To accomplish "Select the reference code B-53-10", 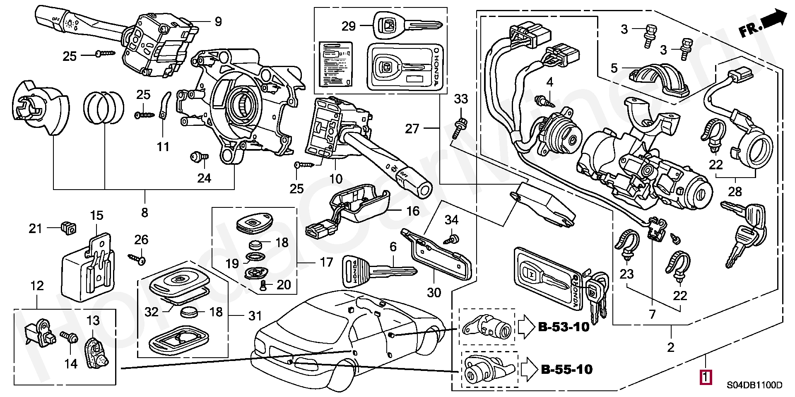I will [x=564, y=327].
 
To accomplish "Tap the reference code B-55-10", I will [x=566, y=369].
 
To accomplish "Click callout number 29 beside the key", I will [x=349, y=26].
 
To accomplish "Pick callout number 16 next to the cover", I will [x=413, y=211].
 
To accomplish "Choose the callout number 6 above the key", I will [x=393, y=248].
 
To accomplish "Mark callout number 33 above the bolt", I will [x=461, y=99].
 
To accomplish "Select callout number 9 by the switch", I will [x=218, y=22].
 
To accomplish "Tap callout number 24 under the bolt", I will [x=204, y=178].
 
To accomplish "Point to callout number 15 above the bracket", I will [x=96, y=216].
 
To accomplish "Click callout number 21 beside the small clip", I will [x=36, y=228].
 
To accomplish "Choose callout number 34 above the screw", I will [x=451, y=220].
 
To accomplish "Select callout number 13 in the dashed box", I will [x=94, y=320].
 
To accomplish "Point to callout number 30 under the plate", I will [x=434, y=293].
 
